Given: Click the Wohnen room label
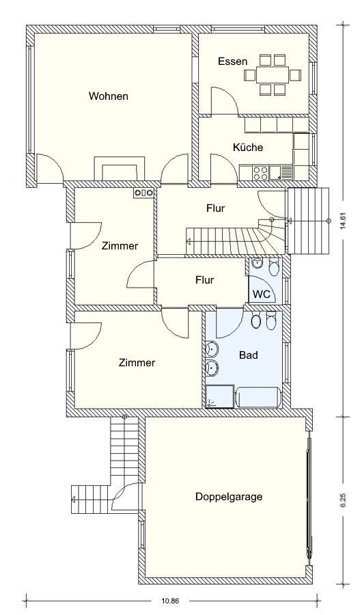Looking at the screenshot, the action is [108, 96].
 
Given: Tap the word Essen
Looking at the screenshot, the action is [232, 61].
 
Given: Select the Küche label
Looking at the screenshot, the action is [248, 148].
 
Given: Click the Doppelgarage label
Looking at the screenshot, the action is [229, 497].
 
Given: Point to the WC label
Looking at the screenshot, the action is [261, 294].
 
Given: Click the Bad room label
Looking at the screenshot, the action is [249, 355].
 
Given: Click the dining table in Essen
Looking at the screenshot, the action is [273, 74].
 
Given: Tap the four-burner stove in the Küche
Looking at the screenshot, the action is [260, 173].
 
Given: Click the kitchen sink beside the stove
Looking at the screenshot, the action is [280, 173].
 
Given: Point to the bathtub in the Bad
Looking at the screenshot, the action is [258, 397].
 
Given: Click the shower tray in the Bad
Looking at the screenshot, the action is [220, 396].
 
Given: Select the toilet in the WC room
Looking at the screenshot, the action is [274, 266].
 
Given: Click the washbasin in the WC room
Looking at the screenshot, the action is [258, 263].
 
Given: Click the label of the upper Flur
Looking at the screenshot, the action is [216, 208].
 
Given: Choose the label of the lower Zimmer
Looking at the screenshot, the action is [137, 363].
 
